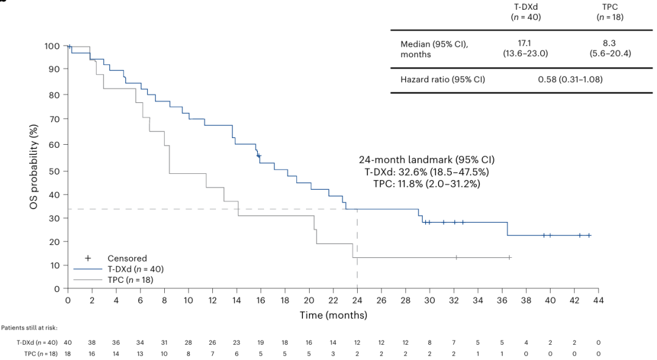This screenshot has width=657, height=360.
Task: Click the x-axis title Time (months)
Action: point(333,315)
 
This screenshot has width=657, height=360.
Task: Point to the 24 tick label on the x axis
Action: point(357,300)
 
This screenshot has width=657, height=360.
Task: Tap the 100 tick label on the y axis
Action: point(52,46)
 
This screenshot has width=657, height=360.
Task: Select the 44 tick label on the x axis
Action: point(598,300)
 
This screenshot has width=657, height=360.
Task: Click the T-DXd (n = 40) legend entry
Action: point(136,269)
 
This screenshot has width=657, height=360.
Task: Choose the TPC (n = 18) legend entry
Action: point(130,280)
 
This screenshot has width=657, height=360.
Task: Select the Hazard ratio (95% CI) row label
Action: point(442,79)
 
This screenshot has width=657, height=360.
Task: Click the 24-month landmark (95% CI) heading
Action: point(427,160)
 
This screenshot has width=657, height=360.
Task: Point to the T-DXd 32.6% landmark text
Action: point(427,171)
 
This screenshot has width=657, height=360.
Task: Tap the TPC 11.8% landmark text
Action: point(427,183)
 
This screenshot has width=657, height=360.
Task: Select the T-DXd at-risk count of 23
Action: point(237,343)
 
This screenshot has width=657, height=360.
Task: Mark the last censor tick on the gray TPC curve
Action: point(509,258)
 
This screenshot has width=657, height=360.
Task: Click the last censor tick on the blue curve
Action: point(588,235)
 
